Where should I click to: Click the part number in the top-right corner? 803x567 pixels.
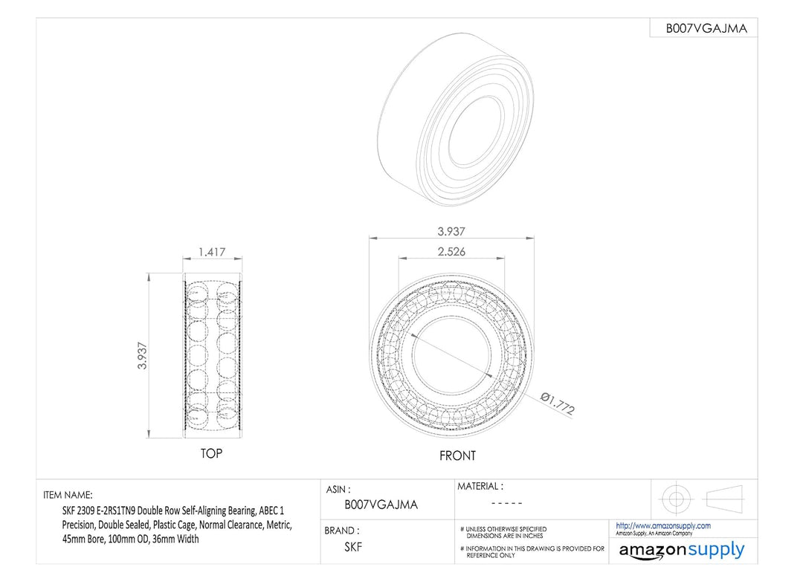point(706,29)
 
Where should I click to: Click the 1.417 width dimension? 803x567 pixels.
point(212,252)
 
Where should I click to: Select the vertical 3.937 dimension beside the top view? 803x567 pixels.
point(142,356)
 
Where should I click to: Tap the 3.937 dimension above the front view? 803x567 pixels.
point(451,231)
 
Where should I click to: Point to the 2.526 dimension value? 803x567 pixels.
point(451,251)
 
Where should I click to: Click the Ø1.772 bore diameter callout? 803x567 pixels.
point(558,404)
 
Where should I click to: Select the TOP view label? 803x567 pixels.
point(211,453)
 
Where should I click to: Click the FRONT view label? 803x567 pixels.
point(457,456)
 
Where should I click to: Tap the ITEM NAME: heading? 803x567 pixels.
point(68,495)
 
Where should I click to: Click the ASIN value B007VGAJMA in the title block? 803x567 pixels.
point(381,505)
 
